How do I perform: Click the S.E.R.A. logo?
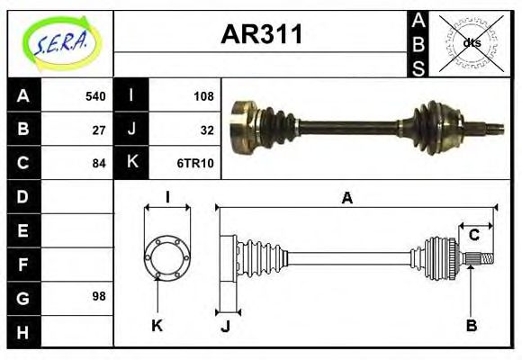pos(60,40)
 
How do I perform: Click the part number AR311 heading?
pos(262,36)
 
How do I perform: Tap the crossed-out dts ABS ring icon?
pos(471,42)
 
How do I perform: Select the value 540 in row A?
pos(94,96)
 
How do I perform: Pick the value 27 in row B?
pos(99,130)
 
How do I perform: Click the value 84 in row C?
pos(99,163)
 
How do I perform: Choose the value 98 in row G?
pos(99,296)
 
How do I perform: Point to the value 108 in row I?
pos(203,96)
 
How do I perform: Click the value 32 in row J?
pos(207,130)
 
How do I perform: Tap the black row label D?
pos(22,196)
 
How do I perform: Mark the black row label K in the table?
pos(131,163)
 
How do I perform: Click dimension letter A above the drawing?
pos(346,198)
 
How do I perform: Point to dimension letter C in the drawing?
pos(473,236)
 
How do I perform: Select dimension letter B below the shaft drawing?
pos(471,325)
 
